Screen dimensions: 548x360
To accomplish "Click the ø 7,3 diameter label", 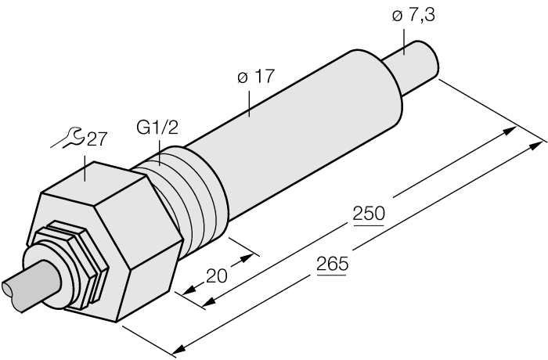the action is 413,16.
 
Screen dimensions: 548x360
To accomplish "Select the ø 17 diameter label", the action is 256,77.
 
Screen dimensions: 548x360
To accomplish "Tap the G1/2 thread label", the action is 157,128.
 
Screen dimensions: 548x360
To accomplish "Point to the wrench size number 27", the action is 96,139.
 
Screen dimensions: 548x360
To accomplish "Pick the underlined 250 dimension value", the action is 369,214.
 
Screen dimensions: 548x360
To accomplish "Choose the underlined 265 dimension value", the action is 333,264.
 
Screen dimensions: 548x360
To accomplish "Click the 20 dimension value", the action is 217,275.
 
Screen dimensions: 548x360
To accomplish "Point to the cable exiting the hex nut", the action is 31,285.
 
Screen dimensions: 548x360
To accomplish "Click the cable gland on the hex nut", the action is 67,265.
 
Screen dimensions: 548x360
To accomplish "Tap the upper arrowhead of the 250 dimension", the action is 510,131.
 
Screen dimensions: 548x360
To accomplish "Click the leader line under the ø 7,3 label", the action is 405,42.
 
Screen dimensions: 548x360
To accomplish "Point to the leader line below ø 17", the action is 249,104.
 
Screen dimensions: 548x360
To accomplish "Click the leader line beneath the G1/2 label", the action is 160,153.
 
